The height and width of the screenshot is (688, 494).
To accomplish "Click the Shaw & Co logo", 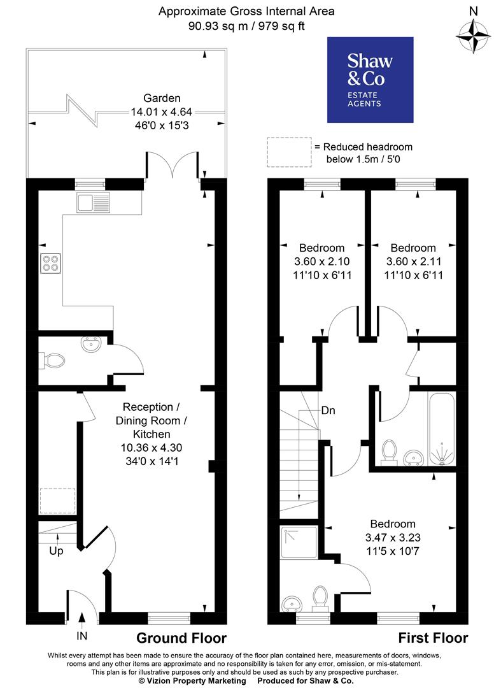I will [370, 80].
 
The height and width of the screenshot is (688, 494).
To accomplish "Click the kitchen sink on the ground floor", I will [94, 203].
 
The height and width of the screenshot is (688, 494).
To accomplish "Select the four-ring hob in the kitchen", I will [50, 263].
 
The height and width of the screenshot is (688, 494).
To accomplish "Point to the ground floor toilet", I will [52, 361].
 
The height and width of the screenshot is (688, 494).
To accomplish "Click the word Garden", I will [162, 98].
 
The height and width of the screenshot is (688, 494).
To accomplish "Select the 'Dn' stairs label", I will [328, 410].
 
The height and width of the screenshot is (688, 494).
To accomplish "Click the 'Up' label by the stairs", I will [57, 551].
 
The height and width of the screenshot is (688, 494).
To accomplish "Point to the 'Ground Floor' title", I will [181, 638].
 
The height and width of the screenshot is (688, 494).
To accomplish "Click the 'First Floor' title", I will [433, 638].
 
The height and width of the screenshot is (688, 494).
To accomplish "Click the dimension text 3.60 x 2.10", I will [322, 261].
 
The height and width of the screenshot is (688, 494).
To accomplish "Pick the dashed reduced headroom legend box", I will [289, 152].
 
